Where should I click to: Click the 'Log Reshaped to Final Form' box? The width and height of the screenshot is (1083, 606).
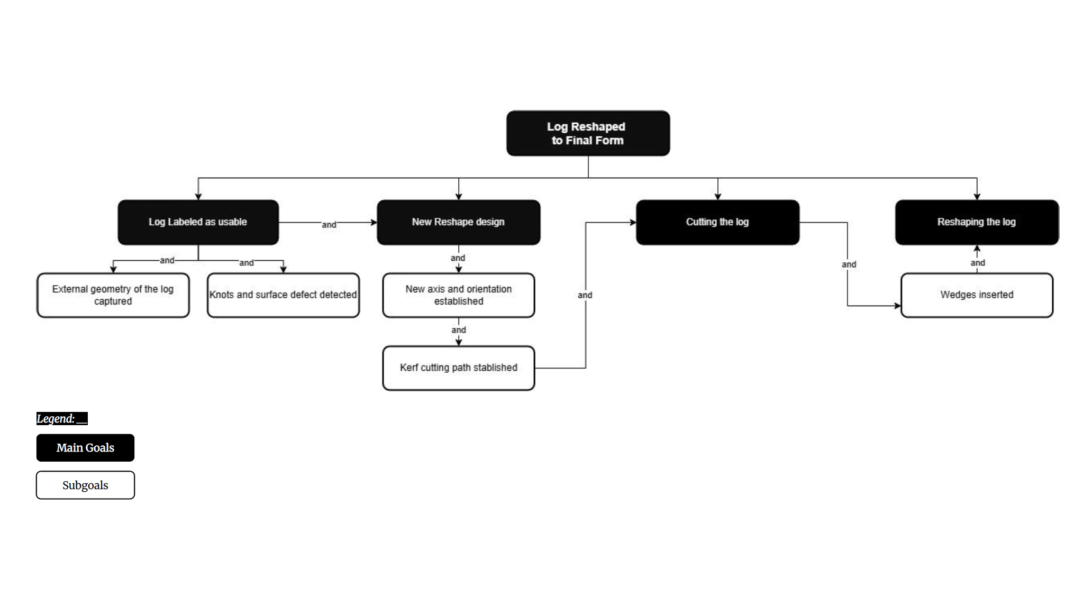coord(588,133)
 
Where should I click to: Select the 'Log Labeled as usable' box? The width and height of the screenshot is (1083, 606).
coord(198,222)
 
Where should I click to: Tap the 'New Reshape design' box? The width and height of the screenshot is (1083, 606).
coord(458,222)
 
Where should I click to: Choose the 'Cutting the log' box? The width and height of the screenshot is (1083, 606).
coord(717,222)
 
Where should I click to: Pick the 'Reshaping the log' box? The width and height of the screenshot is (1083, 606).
coord(977,222)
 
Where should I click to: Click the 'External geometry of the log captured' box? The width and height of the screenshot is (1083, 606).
coord(113,295)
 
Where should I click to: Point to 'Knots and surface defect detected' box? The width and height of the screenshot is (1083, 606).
coord(283,295)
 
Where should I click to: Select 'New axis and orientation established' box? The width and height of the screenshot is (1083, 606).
coord(458,295)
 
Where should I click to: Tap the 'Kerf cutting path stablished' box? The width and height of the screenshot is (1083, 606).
coord(458,368)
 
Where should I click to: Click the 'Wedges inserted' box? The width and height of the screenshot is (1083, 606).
coord(977,295)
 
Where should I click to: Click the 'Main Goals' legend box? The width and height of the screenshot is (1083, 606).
coord(85,448)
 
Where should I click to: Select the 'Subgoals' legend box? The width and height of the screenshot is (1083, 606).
coord(85,485)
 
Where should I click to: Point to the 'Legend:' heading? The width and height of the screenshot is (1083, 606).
coord(62,419)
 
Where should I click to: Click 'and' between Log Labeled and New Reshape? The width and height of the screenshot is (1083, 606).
coord(329,225)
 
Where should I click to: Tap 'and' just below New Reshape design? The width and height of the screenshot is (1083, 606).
coord(458,258)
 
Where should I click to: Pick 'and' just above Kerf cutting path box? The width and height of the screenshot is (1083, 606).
coord(459,330)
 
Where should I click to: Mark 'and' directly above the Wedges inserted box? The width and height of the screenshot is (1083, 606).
coord(978,263)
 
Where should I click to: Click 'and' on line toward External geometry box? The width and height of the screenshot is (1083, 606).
coord(167,260)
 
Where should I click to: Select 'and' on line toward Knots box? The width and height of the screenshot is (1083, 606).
coord(247,263)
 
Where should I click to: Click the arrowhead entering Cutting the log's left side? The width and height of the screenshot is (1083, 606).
coord(633,223)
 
